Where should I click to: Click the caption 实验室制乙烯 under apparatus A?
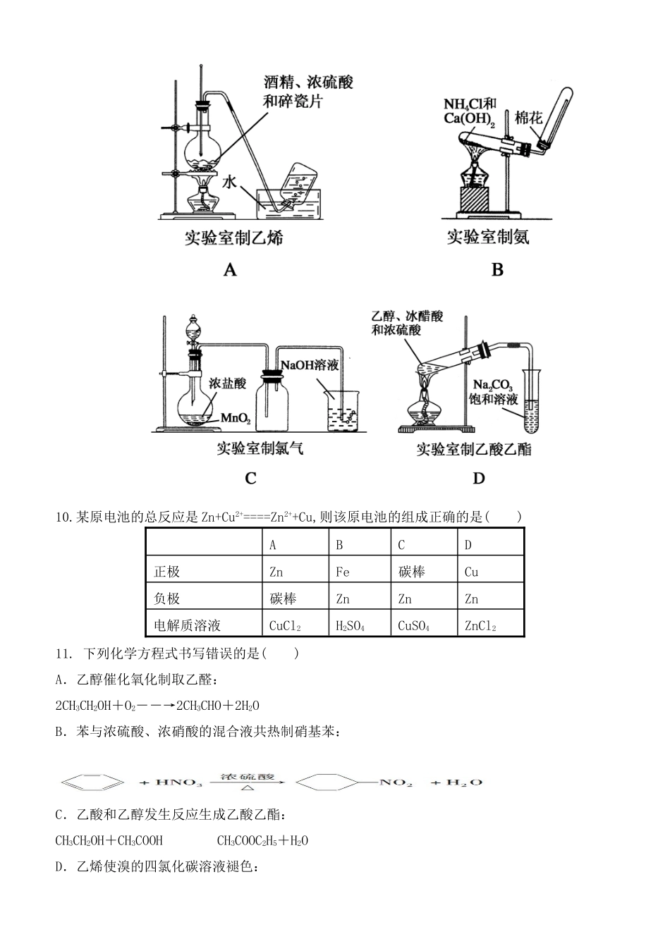point(233,238)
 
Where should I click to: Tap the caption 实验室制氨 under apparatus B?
point(488,237)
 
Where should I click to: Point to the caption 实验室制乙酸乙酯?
point(473,449)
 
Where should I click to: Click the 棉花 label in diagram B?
point(528,117)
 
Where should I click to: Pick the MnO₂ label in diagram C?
point(236,418)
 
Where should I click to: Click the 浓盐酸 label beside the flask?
point(227,383)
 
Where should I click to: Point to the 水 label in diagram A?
point(230,182)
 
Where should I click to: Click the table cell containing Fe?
point(343,572)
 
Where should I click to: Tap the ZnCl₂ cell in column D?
point(480,625)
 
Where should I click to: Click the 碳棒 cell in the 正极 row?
point(411,572)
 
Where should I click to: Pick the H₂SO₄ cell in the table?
point(351,625)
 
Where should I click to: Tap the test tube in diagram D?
point(531,400)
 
